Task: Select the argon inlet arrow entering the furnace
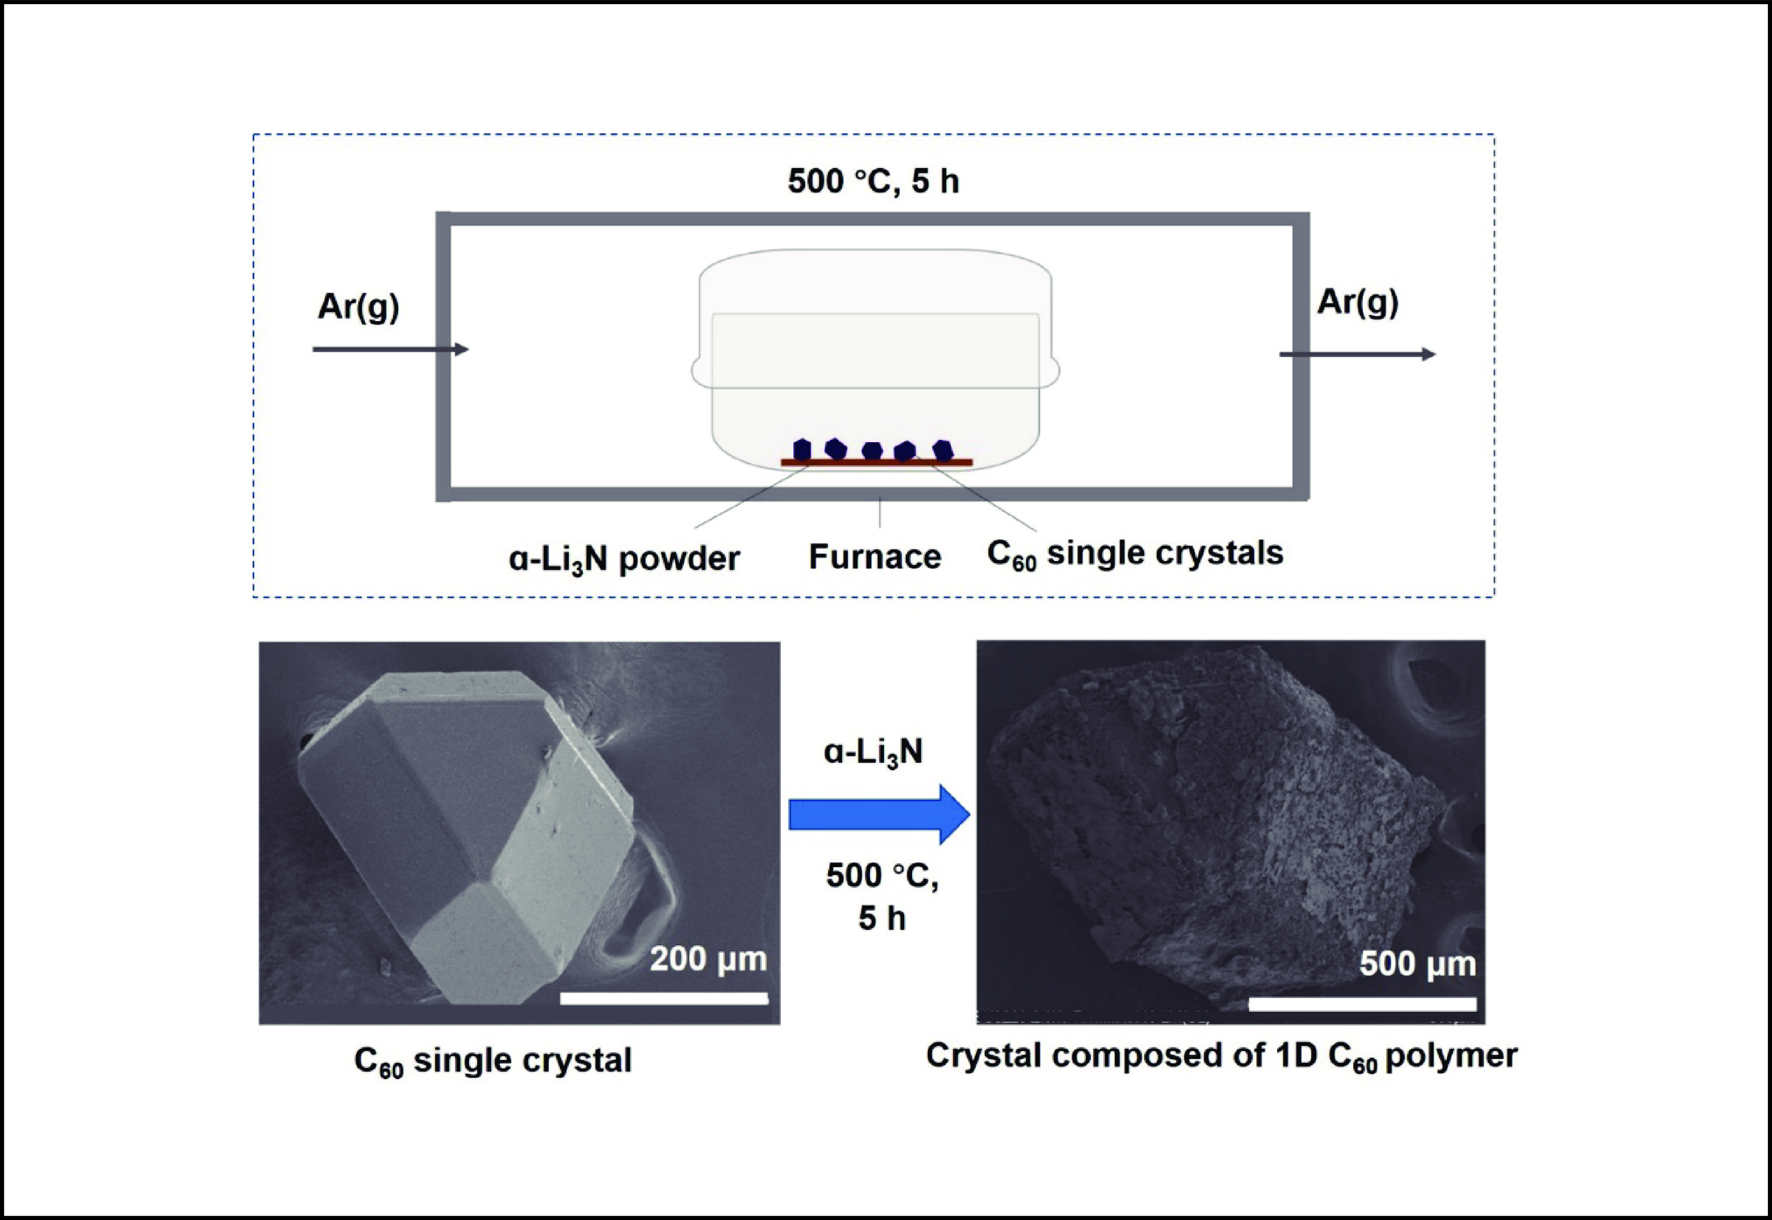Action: pyautogui.click(x=390, y=349)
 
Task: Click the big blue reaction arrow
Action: pyautogui.click(x=879, y=815)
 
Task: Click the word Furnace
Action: pyautogui.click(x=875, y=556)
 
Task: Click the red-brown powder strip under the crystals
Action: pyautogui.click(x=876, y=462)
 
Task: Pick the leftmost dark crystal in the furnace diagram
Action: pyautogui.click(x=802, y=449)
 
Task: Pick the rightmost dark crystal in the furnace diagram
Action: pyautogui.click(x=944, y=449)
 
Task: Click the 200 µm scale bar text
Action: pyautogui.click(x=708, y=958)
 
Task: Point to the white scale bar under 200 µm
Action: pyautogui.click(x=663, y=998)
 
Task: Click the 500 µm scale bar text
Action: pyautogui.click(x=1417, y=964)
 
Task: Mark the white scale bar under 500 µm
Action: pyautogui.click(x=1362, y=1004)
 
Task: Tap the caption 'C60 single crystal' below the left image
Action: pyautogui.click(x=493, y=1061)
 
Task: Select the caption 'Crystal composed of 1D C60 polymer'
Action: pyautogui.click(x=1221, y=1056)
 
